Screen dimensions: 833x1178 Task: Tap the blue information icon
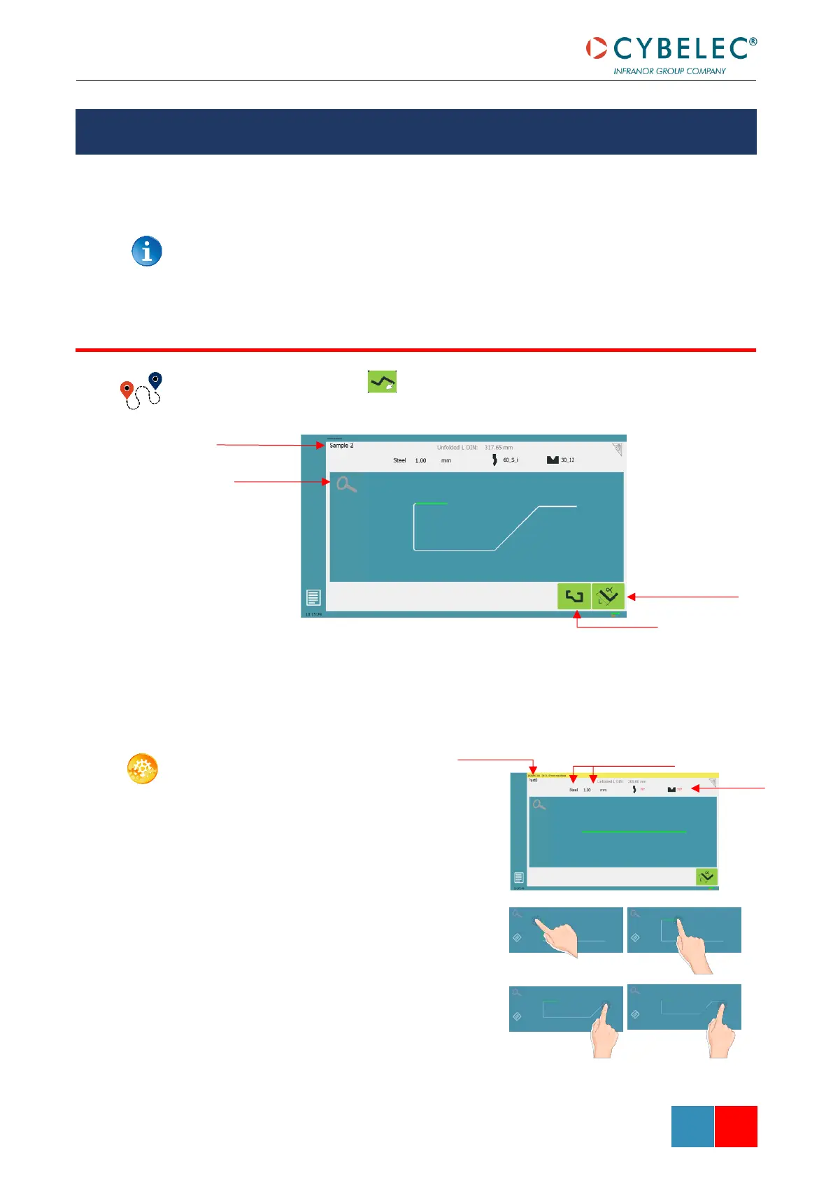147,251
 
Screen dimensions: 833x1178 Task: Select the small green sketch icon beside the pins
383,382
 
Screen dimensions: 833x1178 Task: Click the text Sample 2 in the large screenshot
341,446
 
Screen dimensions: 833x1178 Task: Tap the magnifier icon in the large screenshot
346,483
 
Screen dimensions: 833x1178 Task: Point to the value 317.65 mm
499,448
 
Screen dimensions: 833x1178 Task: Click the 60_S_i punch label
511,460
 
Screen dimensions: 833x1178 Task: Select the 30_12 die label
567,460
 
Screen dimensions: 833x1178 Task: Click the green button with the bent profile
574,597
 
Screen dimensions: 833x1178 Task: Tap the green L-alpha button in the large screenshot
608,597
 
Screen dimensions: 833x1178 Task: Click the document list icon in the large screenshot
313,597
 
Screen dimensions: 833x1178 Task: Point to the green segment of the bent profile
431,504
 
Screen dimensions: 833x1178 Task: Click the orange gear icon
142,769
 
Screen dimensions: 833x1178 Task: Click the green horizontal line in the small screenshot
633,832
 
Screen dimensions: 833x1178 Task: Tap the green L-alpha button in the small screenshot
706,877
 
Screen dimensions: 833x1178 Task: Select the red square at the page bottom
736,1126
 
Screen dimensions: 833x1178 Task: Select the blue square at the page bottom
692,1126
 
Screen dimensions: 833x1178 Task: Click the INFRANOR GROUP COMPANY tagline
669,71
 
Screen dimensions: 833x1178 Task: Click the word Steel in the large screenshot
399,460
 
